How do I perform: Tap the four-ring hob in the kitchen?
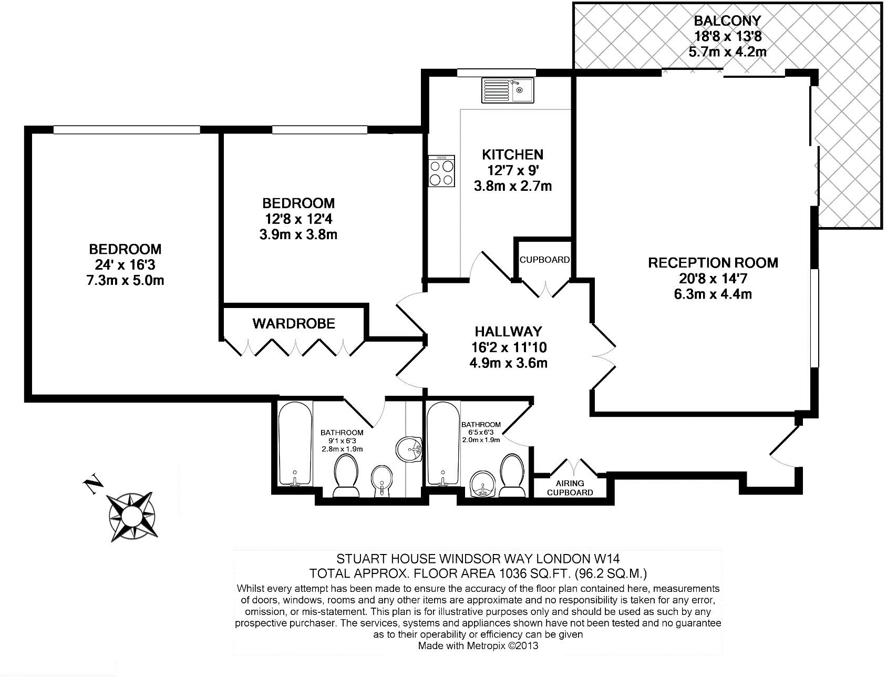click(x=441, y=172)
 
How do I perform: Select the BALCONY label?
click(x=727, y=22)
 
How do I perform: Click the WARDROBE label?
click(x=294, y=323)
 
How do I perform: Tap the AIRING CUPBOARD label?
click(x=570, y=488)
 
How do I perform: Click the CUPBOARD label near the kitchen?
click(x=544, y=260)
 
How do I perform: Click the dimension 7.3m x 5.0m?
click(x=125, y=281)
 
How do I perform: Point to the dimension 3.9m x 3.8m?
click(x=298, y=234)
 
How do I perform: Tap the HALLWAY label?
click(x=508, y=331)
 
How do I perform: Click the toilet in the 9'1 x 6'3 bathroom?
click(x=345, y=476)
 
